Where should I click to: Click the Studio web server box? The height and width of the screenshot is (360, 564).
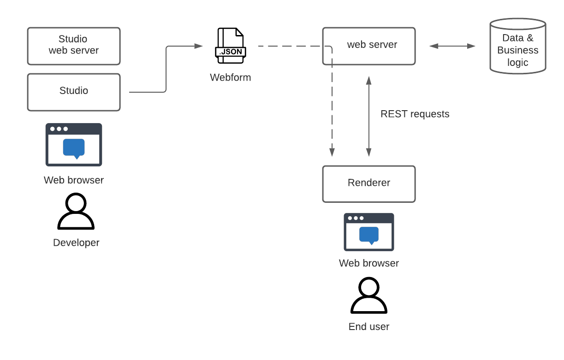click(74, 46)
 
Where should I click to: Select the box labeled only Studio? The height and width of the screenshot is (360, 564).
click(74, 92)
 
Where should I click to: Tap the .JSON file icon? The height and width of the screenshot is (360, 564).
click(231, 46)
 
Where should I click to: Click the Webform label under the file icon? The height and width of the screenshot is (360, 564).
click(231, 77)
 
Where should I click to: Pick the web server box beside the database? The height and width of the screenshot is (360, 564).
click(369, 46)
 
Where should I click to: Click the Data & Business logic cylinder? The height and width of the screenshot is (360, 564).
click(518, 46)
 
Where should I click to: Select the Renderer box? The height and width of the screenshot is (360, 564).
click(369, 184)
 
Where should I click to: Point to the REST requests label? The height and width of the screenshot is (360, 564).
click(415, 114)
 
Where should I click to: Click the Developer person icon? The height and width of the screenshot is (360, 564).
click(76, 211)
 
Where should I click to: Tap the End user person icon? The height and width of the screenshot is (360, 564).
click(369, 295)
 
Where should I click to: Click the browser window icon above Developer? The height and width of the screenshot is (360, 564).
click(74, 145)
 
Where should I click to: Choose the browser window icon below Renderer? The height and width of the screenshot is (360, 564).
click(369, 232)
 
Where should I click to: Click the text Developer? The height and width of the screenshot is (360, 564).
click(76, 242)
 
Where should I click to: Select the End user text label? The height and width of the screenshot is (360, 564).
click(369, 326)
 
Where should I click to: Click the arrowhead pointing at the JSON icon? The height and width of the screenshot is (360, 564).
click(199, 46)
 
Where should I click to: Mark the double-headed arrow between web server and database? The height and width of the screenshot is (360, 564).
click(452, 46)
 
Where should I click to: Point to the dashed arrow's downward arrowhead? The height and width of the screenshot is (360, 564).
click(332, 152)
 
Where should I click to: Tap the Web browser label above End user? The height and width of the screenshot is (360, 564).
click(369, 263)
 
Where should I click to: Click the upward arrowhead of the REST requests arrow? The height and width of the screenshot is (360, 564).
click(369, 81)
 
